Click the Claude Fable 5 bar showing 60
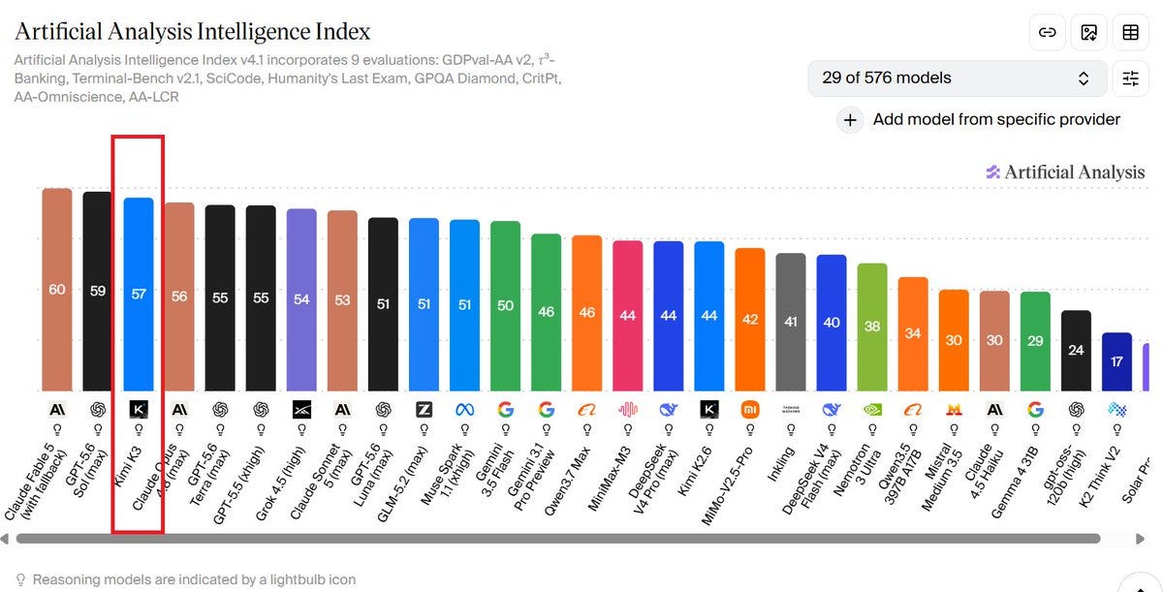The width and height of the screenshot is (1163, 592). coord(57,290)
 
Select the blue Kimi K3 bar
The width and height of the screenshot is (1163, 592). coord(139,295)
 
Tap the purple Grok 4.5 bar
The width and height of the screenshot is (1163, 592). coord(301,300)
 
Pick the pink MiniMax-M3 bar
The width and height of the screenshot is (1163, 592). coord(628,316)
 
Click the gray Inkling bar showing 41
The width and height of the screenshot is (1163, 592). coord(791,322)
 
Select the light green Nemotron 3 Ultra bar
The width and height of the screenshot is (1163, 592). coord(872,327)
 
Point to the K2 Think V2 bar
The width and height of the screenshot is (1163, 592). coord(1116,361)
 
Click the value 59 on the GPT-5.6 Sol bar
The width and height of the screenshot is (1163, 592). coord(98,291)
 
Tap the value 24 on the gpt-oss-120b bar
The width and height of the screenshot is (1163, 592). coord(1076,350)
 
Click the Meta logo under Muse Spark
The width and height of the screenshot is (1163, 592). coord(464,410)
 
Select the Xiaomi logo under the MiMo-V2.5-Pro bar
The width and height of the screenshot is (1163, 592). coord(750,410)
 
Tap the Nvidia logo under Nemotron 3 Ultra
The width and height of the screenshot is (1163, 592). coord(872,410)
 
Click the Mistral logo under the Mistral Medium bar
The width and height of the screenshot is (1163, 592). coord(954,410)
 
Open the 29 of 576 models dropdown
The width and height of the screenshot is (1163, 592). coord(958,78)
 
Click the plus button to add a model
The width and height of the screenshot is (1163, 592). coord(850,120)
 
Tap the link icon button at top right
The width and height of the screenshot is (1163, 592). coord(1048,33)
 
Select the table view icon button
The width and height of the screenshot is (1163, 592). coord(1130,33)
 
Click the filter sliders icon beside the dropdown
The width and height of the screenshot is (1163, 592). coord(1130,78)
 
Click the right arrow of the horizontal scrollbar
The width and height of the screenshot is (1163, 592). coord(1140,539)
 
